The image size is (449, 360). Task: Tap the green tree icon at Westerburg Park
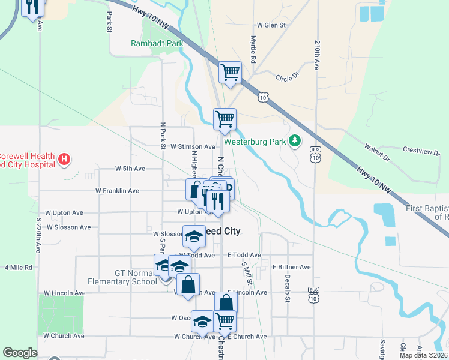click(x=295, y=141)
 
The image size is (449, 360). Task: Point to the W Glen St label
click(x=271, y=26)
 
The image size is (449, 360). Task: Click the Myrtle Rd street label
click(x=253, y=49)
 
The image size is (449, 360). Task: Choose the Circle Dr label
click(x=287, y=77)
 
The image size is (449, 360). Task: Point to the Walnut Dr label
click(x=378, y=154)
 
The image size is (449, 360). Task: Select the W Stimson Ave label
click(x=192, y=146)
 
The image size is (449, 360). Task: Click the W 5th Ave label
click(x=130, y=169)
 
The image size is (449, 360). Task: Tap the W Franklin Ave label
click(x=117, y=191)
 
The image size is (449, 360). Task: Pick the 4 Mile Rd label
click(x=19, y=268)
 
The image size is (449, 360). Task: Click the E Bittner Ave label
click(x=291, y=267)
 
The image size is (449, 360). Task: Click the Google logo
click(x=20, y=353)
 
